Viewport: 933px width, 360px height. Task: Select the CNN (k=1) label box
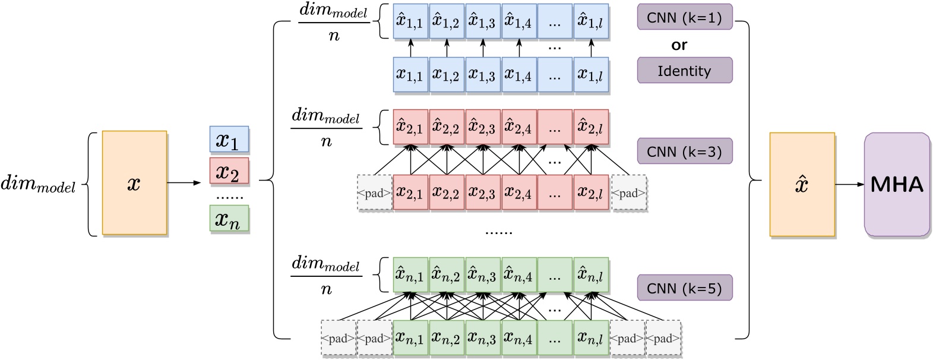click(x=685, y=17)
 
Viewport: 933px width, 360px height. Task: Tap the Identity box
click(x=685, y=71)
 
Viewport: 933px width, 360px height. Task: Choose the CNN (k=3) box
click(x=685, y=151)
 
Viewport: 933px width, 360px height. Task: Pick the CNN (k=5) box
click(x=685, y=288)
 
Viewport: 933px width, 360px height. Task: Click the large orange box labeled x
click(x=134, y=183)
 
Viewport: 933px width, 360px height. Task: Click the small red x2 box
click(x=229, y=172)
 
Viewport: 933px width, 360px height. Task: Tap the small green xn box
click(x=229, y=219)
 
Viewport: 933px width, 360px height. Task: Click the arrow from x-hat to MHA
click(x=849, y=184)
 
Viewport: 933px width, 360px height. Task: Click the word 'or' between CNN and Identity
click(x=680, y=45)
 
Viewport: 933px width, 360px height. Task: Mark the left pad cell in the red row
click(x=374, y=192)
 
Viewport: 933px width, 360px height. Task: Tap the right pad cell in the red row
click(x=628, y=192)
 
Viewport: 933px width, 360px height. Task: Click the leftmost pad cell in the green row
click(x=339, y=339)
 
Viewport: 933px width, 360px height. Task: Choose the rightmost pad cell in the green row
click(x=663, y=339)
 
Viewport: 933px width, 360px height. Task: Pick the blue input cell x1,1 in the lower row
click(x=410, y=75)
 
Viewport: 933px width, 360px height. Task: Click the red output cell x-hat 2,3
click(x=482, y=127)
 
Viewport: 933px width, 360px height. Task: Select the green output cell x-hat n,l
click(x=591, y=274)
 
